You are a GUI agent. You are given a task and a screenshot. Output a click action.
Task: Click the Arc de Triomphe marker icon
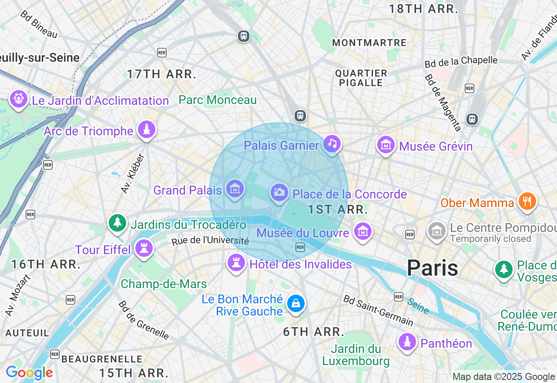pyautogui.click(x=147, y=130)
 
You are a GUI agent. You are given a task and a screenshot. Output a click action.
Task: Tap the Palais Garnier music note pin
pyautogui.click(x=332, y=144)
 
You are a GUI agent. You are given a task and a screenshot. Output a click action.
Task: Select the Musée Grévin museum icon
pyautogui.click(x=386, y=145)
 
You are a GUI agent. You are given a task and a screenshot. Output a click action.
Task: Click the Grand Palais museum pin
pyautogui.click(x=235, y=189)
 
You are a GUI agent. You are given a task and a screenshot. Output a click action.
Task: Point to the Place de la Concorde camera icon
pyautogui.click(x=279, y=192)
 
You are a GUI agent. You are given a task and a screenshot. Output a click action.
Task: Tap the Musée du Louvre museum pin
pyautogui.click(x=363, y=231)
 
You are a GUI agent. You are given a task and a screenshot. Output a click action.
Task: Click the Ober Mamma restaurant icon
pyautogui.click(x=527, y=202)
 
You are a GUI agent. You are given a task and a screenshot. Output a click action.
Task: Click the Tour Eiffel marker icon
pyautogui.click(x=143, y=249)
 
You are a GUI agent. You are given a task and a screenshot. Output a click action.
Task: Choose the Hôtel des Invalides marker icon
pyautogui.click(x=236, y=262)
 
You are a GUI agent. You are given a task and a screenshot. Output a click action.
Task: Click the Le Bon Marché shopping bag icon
pyautogui.click(x=295, y=303)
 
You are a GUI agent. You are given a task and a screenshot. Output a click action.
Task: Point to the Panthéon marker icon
pyautogui.click(x=407, y=342)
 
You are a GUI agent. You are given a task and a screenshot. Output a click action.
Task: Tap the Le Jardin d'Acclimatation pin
pyautogui.click(x=19, y=99)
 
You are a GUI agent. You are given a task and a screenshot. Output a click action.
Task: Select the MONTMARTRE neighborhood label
pyautogui.click(x=369, y=43)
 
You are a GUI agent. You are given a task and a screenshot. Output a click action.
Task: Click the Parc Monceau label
pyautogui.click(x=218, y=100)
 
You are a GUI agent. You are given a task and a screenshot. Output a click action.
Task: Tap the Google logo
pyautogui.click(x=29, y=373)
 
